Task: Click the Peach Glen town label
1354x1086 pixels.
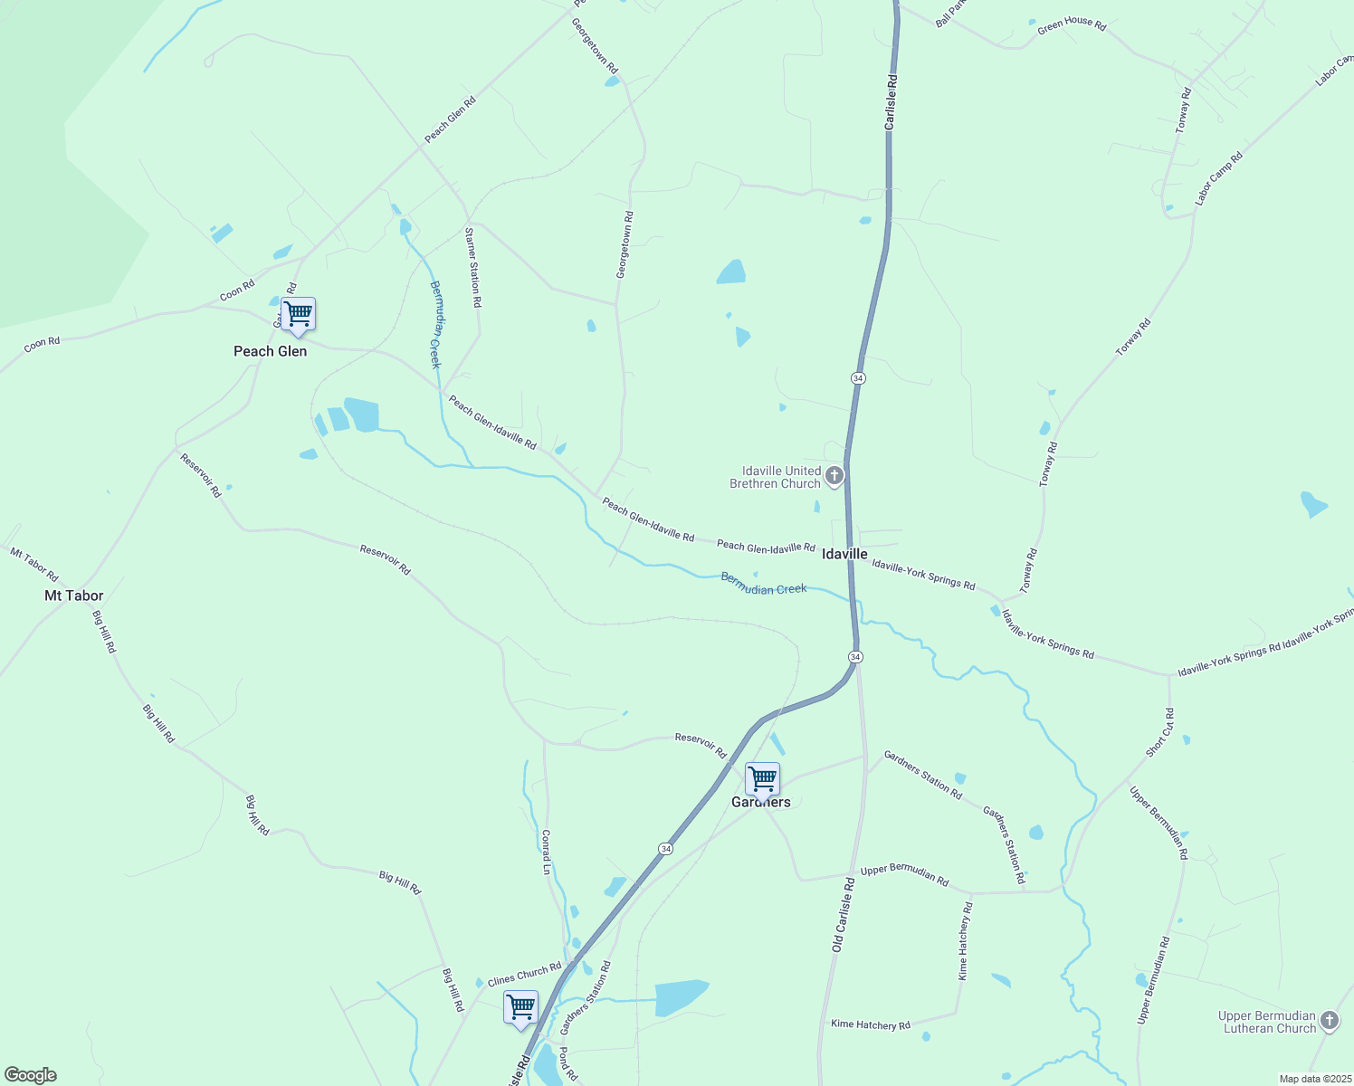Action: point(270,351)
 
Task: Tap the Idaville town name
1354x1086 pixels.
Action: point(844,554)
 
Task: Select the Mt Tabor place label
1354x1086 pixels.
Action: point(74,595)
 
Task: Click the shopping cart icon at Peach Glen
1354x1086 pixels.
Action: point(298,315)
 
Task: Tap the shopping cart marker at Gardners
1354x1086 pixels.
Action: point(762,778)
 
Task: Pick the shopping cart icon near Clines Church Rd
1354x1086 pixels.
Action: point(520,1007)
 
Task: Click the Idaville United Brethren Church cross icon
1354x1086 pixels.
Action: point(834,475)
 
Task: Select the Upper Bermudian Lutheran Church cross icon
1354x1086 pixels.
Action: point(1330,1021)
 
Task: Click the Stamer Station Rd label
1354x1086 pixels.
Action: point(472,267)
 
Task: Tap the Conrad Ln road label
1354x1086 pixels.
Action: point(546,852)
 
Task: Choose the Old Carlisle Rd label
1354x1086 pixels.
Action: point(843,914)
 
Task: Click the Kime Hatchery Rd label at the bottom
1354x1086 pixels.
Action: point(871,1024)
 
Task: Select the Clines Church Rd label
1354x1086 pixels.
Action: point(525,975)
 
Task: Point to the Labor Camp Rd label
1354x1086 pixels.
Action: point(1218,178)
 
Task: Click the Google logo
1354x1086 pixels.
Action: point(31,1075)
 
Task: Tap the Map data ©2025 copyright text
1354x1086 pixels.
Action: point(1315,1079)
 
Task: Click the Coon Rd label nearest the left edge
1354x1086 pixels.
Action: point(42,343)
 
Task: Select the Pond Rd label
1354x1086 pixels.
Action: point(567,1063)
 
